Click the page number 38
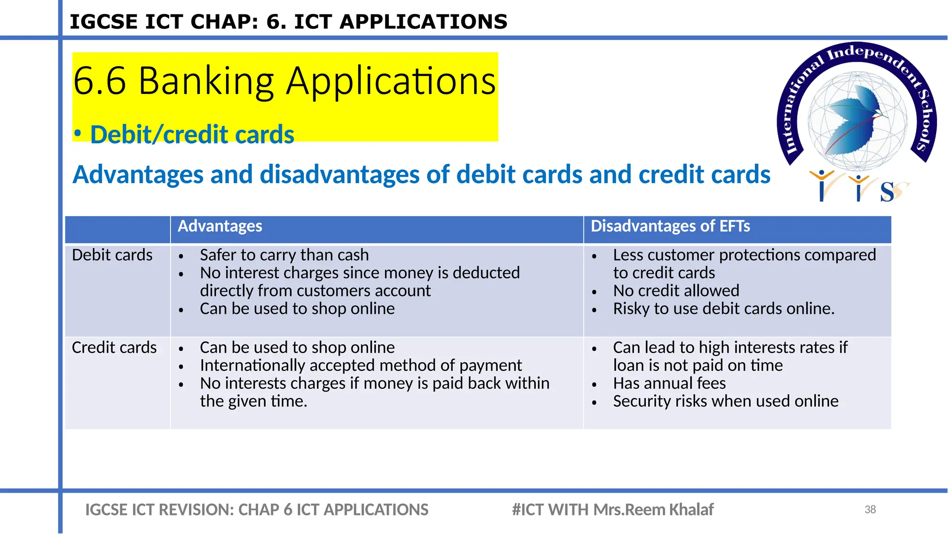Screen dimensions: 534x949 pyautogui.click(x=870, y=509)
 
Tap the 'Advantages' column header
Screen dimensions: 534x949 pyautogui.click(x=220, y=226)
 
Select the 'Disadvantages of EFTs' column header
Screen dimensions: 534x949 pyautogui.click(x=670, y=226)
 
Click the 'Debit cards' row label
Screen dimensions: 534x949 pyautogui.click(x=112, y=255)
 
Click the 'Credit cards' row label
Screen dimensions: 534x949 pyautogui.click(x=114, y=348)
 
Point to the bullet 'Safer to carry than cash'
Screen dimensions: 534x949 pyautogui.click(x=284, y=255)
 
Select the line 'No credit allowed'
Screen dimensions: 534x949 pyautogui.click(x=676, y=291)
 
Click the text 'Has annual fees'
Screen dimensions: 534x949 pyautogui.click(x=669, y=383)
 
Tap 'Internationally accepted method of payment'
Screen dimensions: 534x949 pyautogui.click(x=361, y=365)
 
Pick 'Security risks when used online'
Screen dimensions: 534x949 pyautogui.click(x=725, y=401)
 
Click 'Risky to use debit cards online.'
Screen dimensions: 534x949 pyautogui.click(x=723, y=309)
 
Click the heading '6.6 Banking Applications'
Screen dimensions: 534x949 pyautogui.click(x=284, y=81)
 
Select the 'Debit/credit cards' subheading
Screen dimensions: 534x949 pyautogui.click(x=192, y=134)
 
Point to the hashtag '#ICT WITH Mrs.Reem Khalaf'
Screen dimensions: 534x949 pyautogui.click(x=612, y=509)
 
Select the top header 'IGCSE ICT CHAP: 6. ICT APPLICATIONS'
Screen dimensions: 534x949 pyautogui.click(x=288, y=22)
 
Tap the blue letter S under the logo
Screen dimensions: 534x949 pyautogui.click(x=887, y=192)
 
